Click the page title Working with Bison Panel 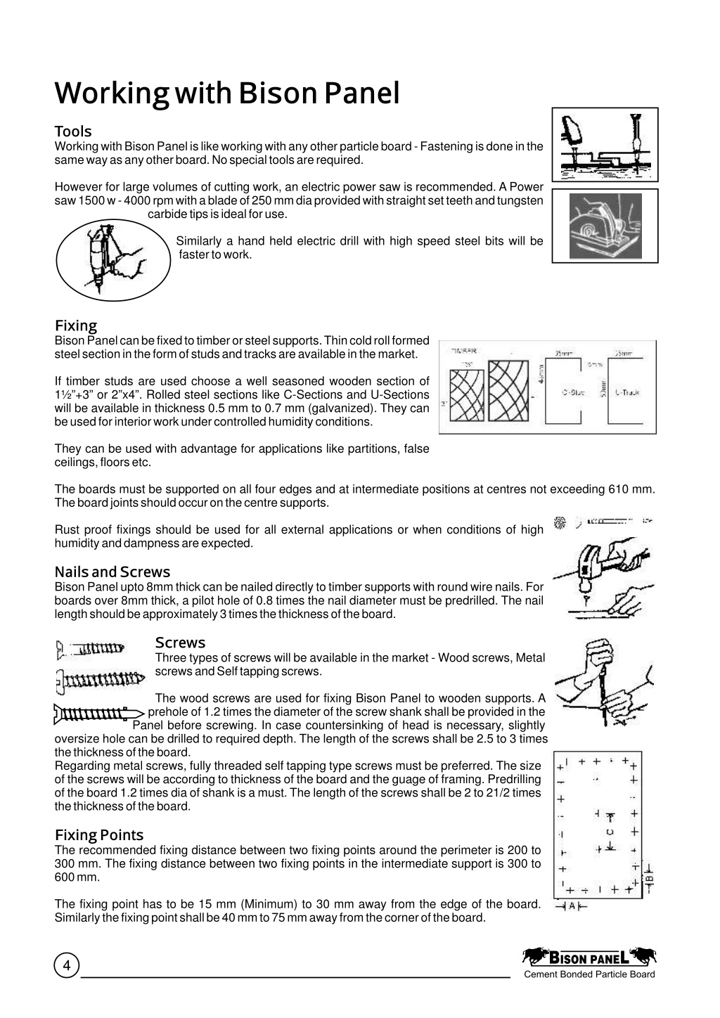(x=227, y=94)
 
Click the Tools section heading (x=73, y=131)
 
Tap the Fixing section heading (x=76, y=326)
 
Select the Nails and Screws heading (x=112, y=572)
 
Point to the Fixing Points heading (x=99, y=835)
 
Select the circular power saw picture (x=605, y=226)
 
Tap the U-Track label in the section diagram (x=627, y=393)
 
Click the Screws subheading (x=180, y=643)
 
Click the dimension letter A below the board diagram (x=572, y=906)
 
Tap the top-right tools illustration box (x=605, y=145)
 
